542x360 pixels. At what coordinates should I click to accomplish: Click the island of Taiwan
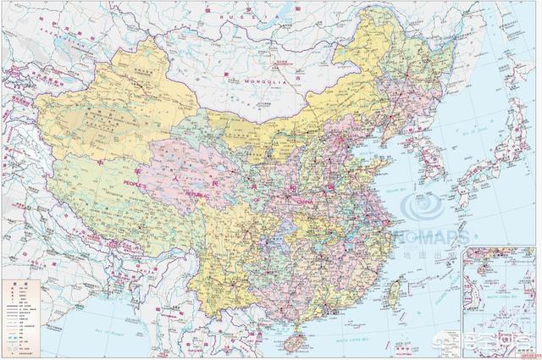coord(394,292)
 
